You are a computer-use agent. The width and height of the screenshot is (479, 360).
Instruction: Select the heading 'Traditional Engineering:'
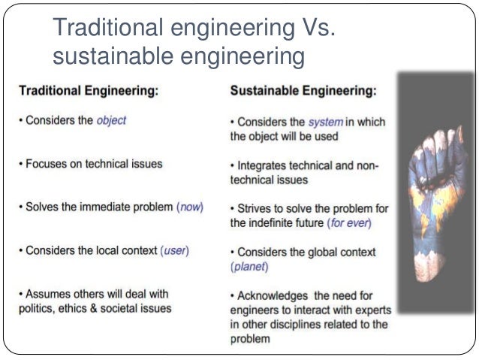click(88, 91)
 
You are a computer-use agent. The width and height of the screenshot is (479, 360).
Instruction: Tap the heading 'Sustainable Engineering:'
click(303, 91)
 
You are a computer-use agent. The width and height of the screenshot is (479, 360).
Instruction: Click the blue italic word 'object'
click(112, 120)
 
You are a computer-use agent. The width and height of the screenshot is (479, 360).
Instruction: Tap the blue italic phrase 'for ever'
click(349, 223)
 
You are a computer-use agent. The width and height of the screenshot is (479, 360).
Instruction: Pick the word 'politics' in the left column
click(37, 307)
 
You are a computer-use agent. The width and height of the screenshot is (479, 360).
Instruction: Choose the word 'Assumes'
click(47, 293)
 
